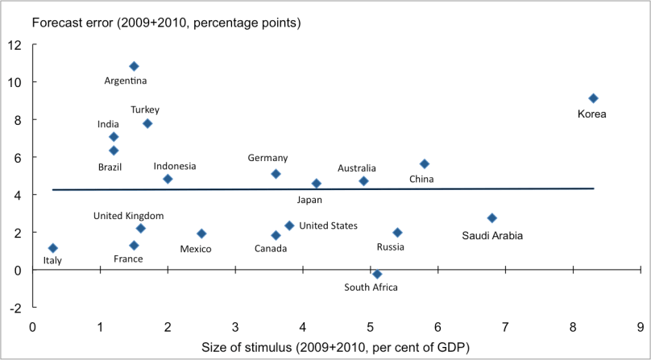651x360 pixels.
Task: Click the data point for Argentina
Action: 134,66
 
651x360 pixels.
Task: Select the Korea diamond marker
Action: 593,98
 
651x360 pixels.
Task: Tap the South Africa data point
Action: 377,274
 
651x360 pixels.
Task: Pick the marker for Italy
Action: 53,248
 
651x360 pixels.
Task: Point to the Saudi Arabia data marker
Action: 492,218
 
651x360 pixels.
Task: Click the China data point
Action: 425,164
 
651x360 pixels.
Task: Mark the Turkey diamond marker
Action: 147,123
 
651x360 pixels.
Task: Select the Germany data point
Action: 276,174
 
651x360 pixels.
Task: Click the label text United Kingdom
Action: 129,216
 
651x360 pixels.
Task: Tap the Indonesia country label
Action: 175,166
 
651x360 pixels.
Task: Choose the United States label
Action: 328,226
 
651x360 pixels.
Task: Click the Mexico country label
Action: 196,249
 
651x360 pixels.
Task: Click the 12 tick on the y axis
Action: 15,44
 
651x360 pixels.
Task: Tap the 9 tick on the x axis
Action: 640,327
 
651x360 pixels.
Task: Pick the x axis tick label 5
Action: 370,327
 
